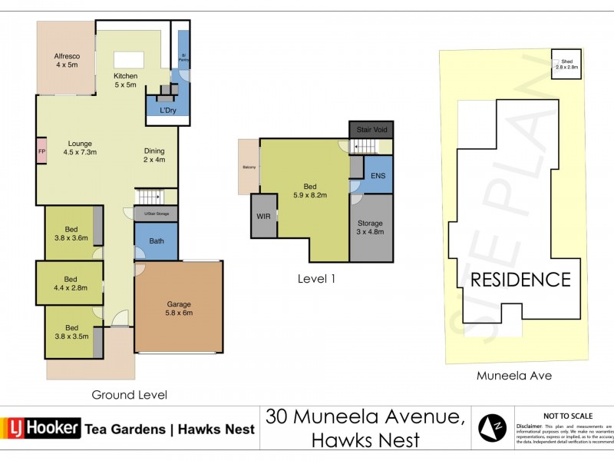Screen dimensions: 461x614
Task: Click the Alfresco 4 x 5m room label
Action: coord(66,61)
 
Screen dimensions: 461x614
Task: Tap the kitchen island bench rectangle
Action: coord(125,59)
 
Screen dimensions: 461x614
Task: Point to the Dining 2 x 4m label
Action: coord(154,155)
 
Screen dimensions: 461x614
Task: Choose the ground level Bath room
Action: coord(156,241)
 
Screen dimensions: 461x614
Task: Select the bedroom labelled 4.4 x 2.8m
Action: coord(70,283)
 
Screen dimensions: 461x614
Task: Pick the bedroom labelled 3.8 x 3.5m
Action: coord(70,331)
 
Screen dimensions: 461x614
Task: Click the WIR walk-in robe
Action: coord(263,216)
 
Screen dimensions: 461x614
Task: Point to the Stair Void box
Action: coord(370,130)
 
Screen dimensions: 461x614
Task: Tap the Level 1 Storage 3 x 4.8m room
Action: coord(370,227)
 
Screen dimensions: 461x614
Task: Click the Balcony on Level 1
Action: coord(249,167)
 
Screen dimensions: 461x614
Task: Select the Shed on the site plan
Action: coord(566,64)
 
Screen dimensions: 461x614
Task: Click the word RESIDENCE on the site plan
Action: coord(520,279)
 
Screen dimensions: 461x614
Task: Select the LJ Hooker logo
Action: coord(41,429)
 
